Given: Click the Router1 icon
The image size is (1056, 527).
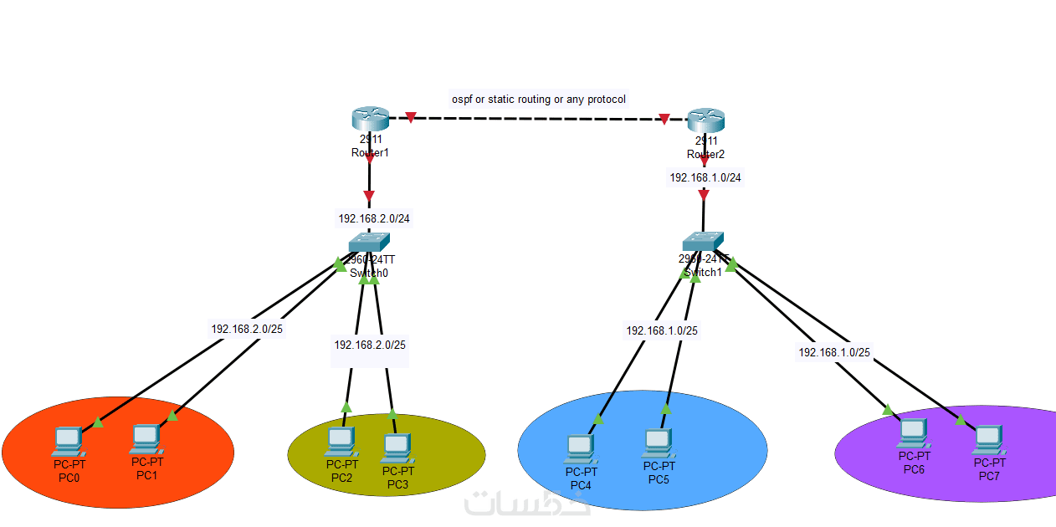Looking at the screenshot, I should (x=371, y=120).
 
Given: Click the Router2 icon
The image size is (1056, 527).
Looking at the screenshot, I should (x=705, y=120).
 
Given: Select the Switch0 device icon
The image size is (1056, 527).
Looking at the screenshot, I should (x=369, y=242).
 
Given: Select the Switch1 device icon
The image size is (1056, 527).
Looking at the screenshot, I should (x=703, y=241).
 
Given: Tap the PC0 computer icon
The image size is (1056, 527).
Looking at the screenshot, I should (x=67, y=441).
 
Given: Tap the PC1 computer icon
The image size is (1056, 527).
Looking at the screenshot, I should (x=146, y=437).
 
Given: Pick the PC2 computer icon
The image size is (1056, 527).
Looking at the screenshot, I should (x=341, y=441).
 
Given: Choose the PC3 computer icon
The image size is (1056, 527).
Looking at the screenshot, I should (x=396, y=448).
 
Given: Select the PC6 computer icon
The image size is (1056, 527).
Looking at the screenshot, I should (x=913, y=432).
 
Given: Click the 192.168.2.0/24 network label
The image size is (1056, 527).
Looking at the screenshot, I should (x=373, y=218).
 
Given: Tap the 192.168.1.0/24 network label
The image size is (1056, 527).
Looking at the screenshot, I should (x=705, y=177).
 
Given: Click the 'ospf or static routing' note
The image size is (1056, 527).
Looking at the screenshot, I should (x=539, y=100).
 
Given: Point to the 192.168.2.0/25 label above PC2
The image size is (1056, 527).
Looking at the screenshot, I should (x=370, y=344).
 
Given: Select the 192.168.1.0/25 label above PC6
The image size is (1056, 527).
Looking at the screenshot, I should (x=834, y=352).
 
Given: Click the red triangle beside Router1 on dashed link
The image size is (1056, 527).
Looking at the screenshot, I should (x=411, y=117).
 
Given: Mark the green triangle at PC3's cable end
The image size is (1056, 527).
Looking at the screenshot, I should (x=392, y=413).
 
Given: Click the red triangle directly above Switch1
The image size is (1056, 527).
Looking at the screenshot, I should (x=704, y=195).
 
